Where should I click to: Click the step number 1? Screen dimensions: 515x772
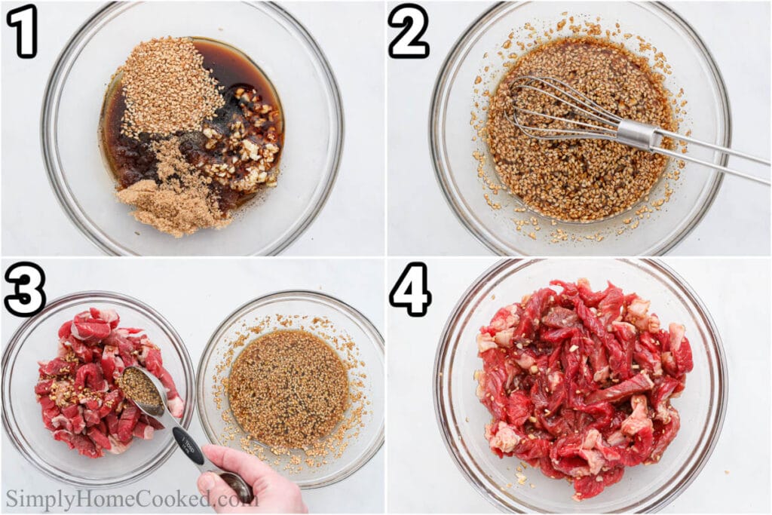22,31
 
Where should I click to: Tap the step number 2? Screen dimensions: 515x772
408,31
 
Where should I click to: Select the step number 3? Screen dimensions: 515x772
24,290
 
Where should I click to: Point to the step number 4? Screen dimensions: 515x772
409,290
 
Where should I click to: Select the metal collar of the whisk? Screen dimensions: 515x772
637,134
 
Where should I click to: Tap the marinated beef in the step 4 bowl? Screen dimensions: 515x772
581,385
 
